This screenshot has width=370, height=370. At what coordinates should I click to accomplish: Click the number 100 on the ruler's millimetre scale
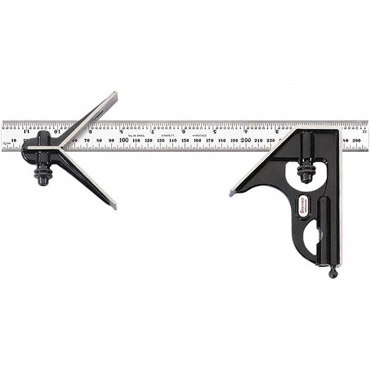coord(124,140)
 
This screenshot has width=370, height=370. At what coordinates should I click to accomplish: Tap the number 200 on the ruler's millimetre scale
coord(245,140)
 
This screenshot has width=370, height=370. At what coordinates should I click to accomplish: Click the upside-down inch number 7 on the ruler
coord(152,131)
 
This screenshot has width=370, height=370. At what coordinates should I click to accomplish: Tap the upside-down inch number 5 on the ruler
coord(215,131)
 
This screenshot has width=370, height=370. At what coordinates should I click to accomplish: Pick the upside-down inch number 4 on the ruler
coord(246,131)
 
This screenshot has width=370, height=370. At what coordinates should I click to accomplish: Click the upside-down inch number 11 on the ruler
coord(27,131)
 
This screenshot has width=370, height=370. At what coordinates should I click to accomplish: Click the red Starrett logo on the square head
coord(304,203)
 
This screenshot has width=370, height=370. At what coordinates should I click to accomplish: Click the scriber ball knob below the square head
coord(333,273)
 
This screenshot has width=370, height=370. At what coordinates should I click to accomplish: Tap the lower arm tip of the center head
coord(113,205)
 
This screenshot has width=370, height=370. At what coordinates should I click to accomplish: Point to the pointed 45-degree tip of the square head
coord(232,193)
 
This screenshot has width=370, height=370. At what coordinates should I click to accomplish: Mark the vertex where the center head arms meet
coord(60,148)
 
